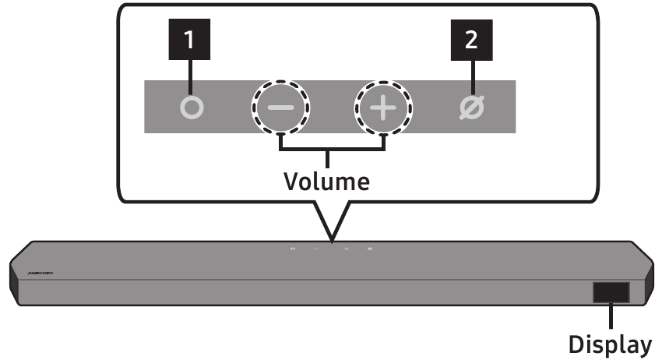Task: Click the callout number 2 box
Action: pos(471,41)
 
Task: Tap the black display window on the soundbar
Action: pos(611,292)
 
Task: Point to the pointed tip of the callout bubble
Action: pos(331,241)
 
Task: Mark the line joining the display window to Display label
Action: pos(611,316)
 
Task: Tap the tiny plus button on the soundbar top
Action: pos(346,249)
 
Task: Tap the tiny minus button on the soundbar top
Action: pos(316,249)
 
